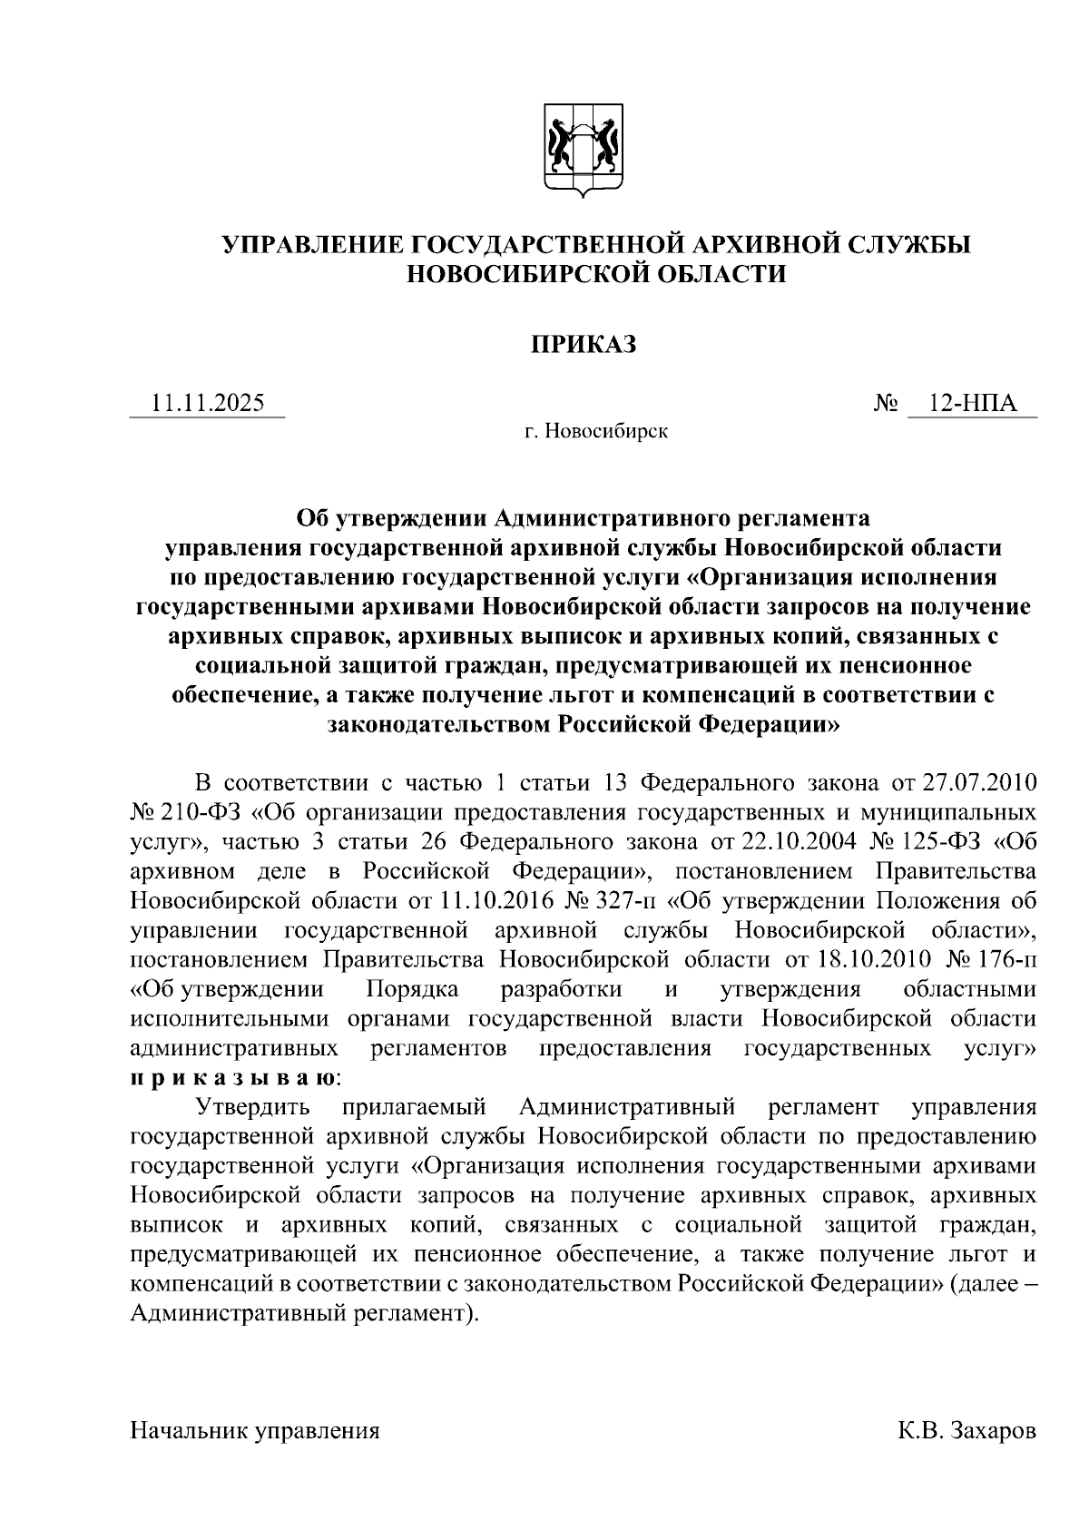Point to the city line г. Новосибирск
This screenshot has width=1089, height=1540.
pyautogui.click(x=595, y=431)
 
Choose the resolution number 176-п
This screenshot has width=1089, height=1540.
pyautogui.click(x=1006, y=959)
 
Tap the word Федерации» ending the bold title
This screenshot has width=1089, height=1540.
pyautogui.click(x=768, y=724)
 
